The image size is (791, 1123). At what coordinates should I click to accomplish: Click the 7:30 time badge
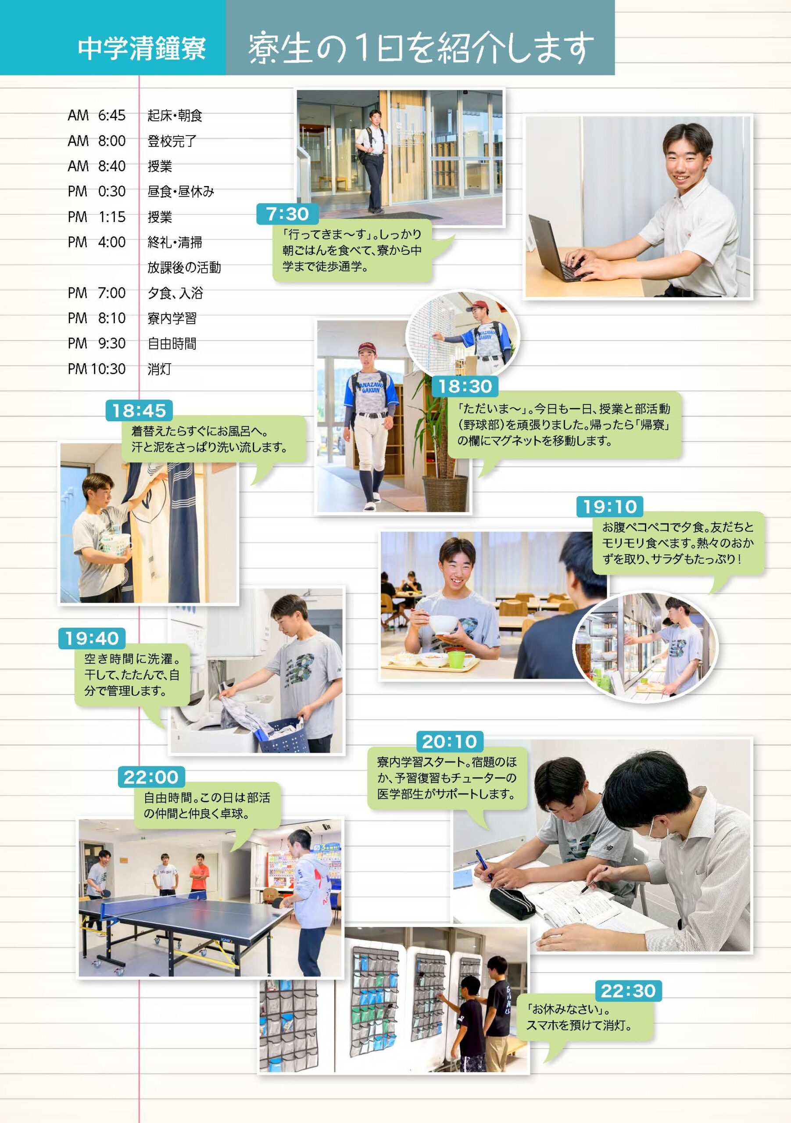[288, 214]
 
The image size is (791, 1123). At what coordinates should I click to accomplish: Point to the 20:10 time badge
[450, 741]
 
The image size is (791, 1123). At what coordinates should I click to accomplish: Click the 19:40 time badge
[92, 638]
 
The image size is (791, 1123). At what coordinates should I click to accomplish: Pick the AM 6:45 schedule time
[97, 115]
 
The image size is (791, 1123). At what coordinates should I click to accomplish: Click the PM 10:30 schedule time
[97, 369]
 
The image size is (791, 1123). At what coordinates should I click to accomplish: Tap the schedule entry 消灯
[159, 369]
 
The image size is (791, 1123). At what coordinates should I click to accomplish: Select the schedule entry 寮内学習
[172, 318]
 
